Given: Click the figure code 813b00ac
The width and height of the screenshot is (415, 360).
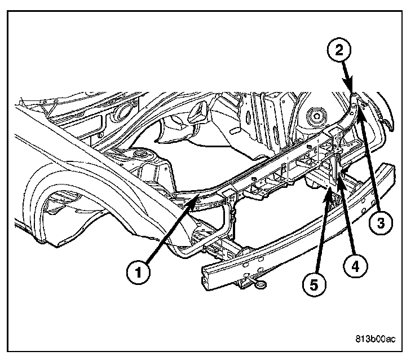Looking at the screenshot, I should pyautogui.click(x=375, y=339).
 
